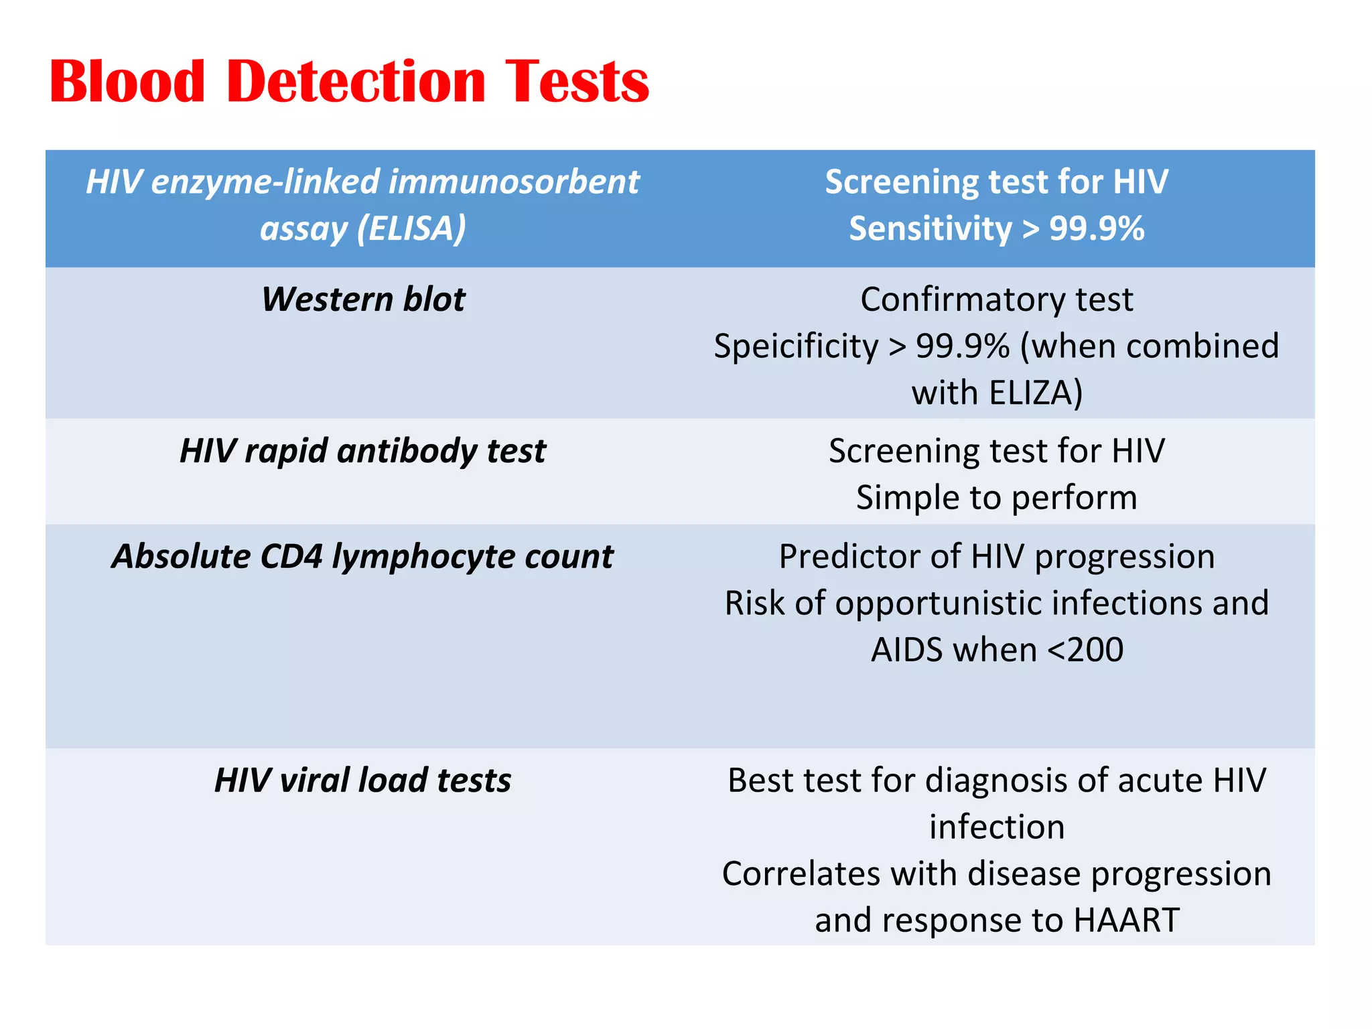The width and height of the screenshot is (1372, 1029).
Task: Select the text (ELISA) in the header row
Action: point(411,228)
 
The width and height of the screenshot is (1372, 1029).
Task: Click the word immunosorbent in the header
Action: point(514,182)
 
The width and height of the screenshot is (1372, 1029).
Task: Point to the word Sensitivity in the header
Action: point(931,228)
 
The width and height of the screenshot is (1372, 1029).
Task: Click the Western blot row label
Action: point(363,299)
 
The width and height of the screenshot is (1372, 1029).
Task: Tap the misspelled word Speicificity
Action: point(795,346)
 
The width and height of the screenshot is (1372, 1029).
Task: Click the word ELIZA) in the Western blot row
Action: point(1035,393)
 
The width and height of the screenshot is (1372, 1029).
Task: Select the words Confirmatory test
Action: point(996,299)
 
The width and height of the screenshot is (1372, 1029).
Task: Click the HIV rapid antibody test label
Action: point(363,451)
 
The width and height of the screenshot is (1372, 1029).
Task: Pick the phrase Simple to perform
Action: point(996,498)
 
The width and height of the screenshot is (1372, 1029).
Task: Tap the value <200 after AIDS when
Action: point(1085,650)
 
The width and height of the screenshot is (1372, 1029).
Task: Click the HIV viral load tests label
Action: point(363,780)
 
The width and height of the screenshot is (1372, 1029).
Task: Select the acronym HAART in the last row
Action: point(1126,920)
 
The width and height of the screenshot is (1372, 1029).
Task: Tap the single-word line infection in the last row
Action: point(996,827)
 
